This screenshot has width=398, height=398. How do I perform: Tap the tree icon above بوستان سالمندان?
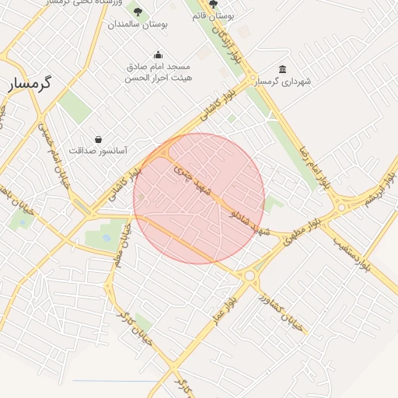138,12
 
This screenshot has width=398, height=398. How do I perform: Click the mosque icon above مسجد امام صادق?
159,54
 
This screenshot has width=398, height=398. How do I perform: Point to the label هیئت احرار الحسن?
159,78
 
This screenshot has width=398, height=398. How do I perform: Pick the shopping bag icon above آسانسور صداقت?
98,139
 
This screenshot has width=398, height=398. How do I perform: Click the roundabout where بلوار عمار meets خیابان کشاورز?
250,275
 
